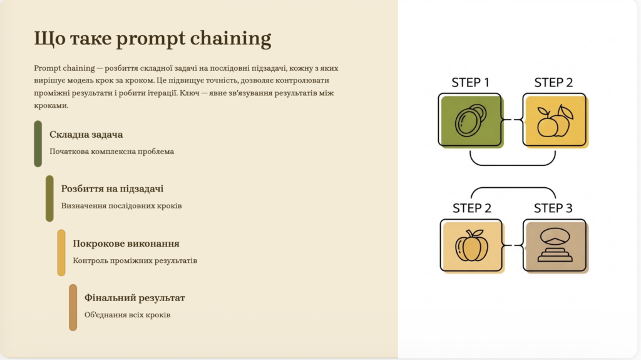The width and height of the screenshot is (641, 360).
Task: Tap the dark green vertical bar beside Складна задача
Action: click(x=38, y=143)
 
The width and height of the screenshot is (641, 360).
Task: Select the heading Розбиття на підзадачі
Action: click(x=112, y=188)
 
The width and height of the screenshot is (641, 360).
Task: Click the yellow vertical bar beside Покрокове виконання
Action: click(x=61, y=252)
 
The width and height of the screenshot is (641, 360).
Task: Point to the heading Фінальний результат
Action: click(x=135, y=297)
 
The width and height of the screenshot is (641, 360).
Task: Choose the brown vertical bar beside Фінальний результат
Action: click(x=73, y=307)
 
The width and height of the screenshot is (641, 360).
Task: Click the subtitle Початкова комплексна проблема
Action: click(x=111, y=152)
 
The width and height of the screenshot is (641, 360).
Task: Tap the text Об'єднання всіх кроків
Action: click(x=127, y=314)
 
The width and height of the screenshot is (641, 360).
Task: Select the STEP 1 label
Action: click(x=470, y=83)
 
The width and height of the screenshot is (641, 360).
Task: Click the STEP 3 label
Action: click(x=553, y=208)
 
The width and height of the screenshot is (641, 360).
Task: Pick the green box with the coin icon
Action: click(x=471, y=120)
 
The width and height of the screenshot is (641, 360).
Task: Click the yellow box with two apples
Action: click(x=555, y=120)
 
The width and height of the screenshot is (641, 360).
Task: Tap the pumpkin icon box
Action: click(x=472, y=246)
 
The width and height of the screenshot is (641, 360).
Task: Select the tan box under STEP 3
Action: click(x=556, y=246)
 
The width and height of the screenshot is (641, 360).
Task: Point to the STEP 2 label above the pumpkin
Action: click(x=472, y=208)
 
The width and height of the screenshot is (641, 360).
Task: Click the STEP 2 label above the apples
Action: click(x=553, y=83)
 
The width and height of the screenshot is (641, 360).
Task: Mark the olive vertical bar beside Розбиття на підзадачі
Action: click(x=49, y=198)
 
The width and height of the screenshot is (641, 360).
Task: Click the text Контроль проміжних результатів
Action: click(x=135, y=260)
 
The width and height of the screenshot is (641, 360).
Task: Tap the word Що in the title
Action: click(x=49, y=38)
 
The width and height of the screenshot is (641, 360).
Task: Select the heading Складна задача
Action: click(x=86, y=134)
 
